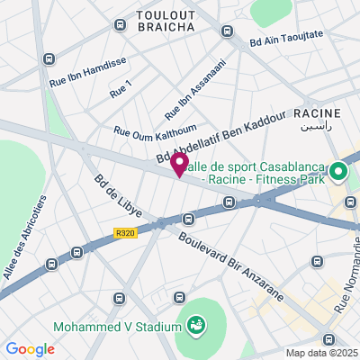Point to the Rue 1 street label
point(120,88)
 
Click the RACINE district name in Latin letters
point(317,113)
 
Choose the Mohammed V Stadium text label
point(116,326)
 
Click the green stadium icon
point(195,323)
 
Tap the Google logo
point(30,349)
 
